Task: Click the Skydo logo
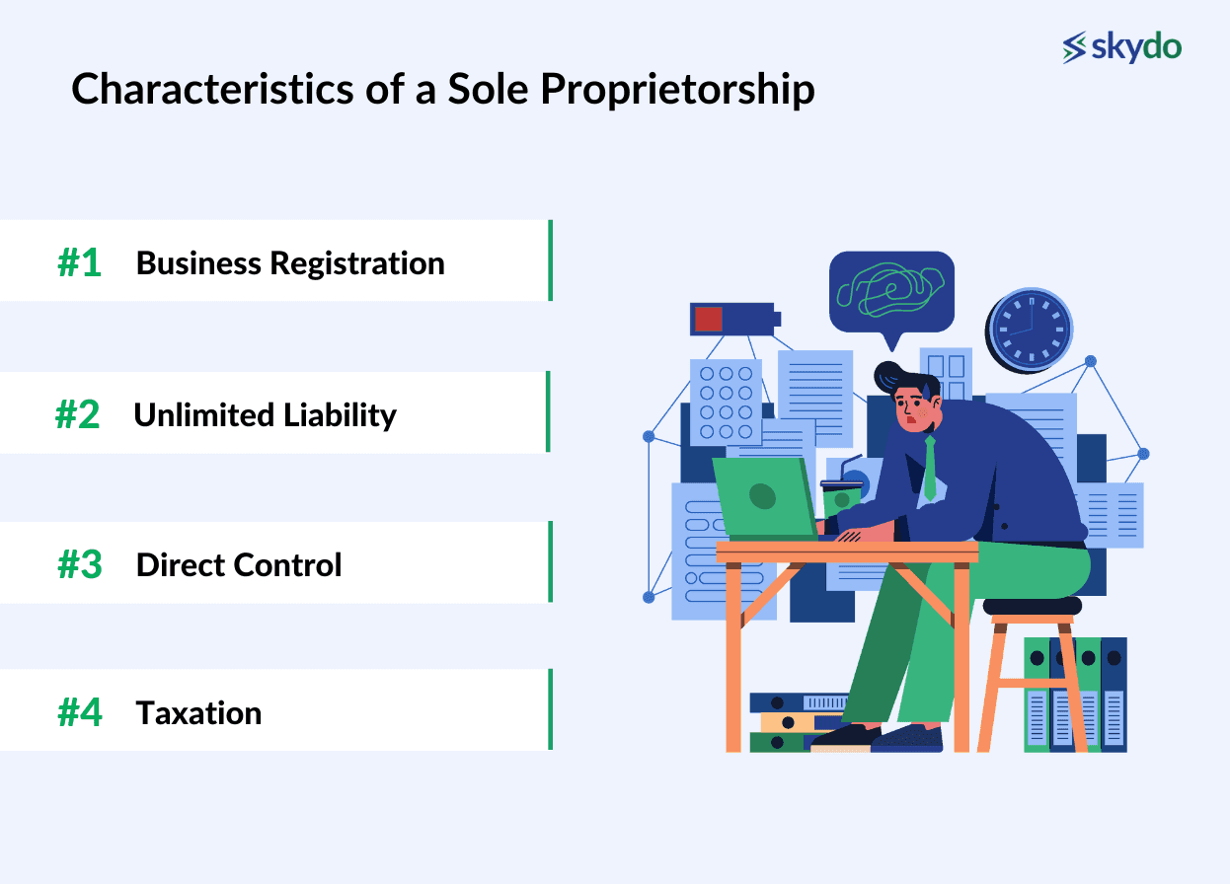point(1121,46)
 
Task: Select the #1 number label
point(80,263)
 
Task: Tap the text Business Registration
point(290,263)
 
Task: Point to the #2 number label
point(78,415)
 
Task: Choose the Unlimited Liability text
point(265,415)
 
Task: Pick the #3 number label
point(80,565)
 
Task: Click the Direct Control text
point(239,565)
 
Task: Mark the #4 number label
point(80,713)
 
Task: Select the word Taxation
point(198,713)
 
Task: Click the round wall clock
point(1030,330)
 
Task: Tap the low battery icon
point(733,319)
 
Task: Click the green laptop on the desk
point(765,498)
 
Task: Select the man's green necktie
point(929,469)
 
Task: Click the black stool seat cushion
point(1032,606)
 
